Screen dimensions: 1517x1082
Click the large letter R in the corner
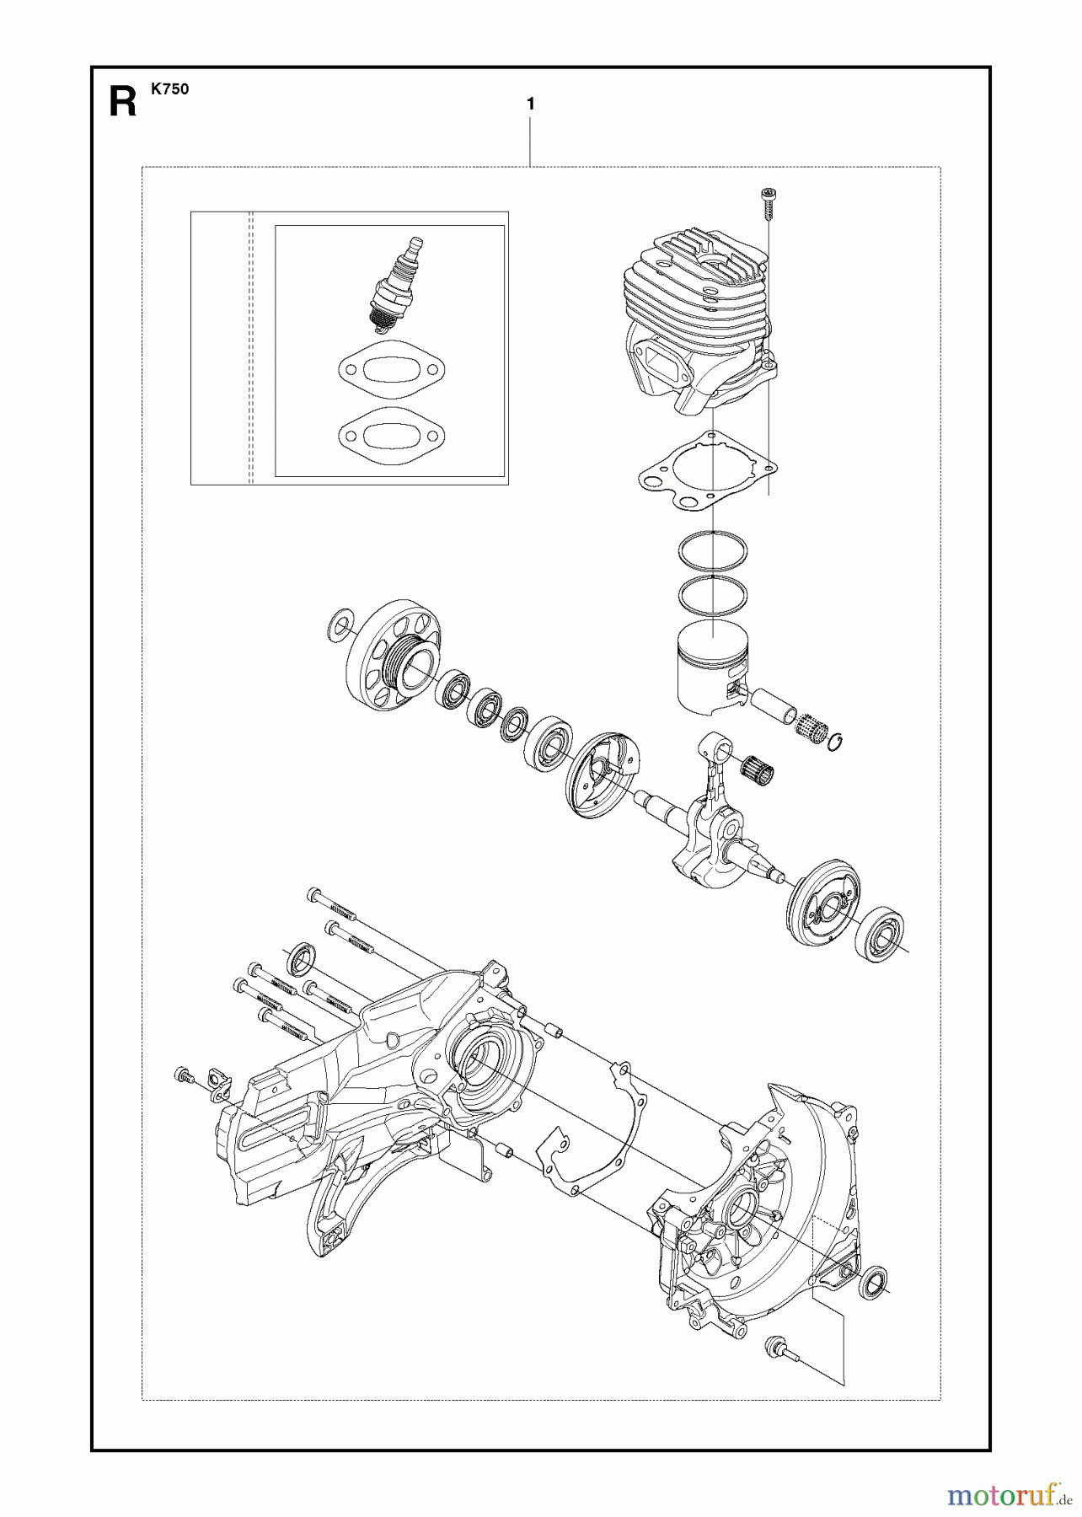pyautogui.click(x=123, y=103)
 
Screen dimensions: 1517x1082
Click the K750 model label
pyautogui.click(x=169, y=89)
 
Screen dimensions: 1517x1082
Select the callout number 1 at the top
pyautogui.click(x=530, y=105)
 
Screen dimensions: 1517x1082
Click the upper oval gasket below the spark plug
pyautogui.click(x=391, y=369)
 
